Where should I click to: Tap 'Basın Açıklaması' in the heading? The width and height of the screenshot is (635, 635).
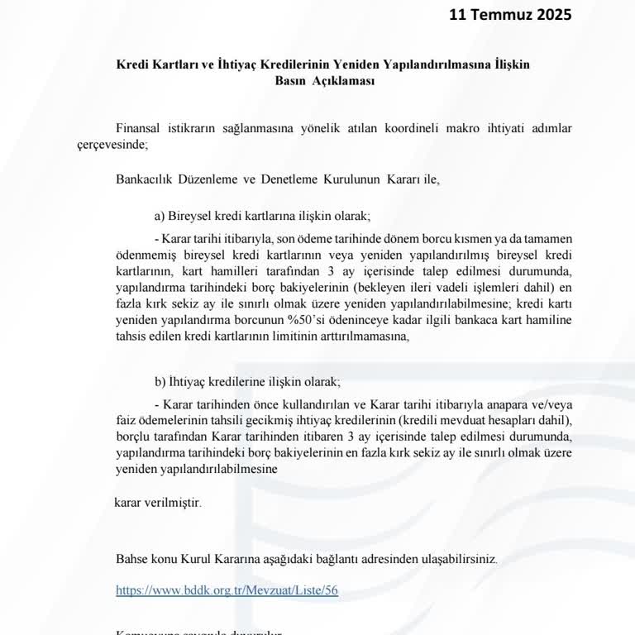coord(324,81)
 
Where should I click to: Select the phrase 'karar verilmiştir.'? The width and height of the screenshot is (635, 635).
coord(157,502)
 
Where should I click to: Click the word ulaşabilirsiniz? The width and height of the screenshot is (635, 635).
coord(456,559)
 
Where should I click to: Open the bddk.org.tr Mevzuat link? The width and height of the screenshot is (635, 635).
coord(227,591)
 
